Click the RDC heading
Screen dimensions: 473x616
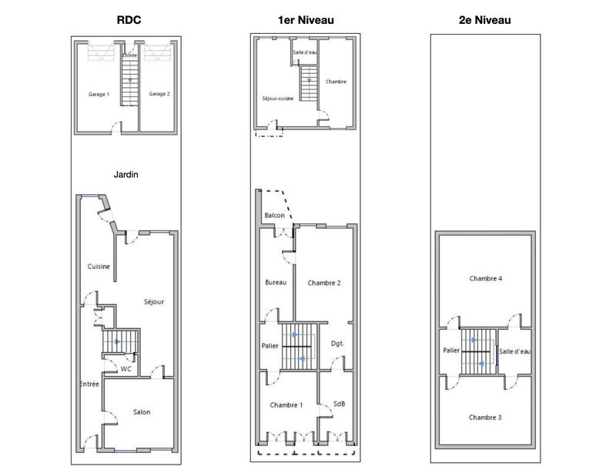(128, 21)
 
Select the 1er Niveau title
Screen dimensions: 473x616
(305, 21)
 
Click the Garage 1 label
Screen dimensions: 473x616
(99, 94)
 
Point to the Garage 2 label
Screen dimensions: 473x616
(159, 94)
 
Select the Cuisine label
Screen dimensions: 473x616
(99, 267)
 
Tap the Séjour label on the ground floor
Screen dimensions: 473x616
(153, 302)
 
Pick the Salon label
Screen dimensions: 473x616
(141, 412)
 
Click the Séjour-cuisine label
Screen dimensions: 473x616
(277, 99)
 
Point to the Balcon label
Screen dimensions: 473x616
(275, 216)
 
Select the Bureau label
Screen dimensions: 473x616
(276, 283)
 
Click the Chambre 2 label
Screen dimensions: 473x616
(324, 283)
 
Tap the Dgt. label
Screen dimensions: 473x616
(337, 344)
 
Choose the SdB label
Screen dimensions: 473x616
(339, 404)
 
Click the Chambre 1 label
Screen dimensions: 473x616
(286, 405)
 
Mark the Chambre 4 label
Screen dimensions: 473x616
(485, 278)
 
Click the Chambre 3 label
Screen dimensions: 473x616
(485, 418)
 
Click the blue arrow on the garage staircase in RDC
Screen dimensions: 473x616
(130, 80)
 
